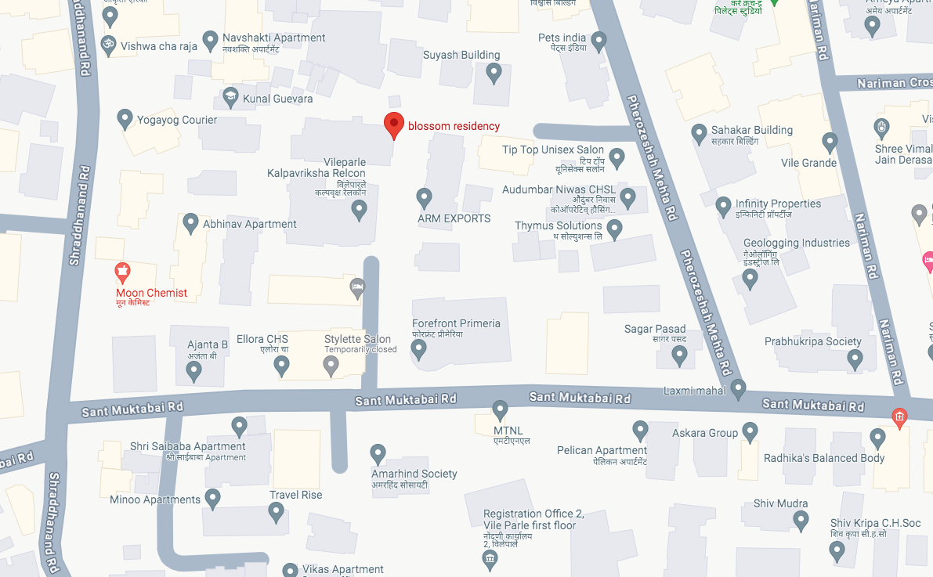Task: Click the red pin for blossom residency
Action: point(393,124)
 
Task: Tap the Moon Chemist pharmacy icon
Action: point(122,272)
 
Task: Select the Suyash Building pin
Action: point(494,73)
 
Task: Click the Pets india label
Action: point(562,38)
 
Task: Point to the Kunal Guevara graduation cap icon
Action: point(230,98)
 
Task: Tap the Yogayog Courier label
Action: point(177,120)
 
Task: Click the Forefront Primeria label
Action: point(456,323)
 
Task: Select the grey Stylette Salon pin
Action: point(331,364)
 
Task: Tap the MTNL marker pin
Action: point(501,409)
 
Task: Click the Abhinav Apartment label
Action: point(250,224)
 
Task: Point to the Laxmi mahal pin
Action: point(738,388)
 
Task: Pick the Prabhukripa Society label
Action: point(812,341)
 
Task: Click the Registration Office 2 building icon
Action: point(490,558)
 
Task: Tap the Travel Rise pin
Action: point(276,512)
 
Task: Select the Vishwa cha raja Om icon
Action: point(109,45)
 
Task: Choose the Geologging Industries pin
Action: point(750,278)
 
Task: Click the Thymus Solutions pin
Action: point(615,229)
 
